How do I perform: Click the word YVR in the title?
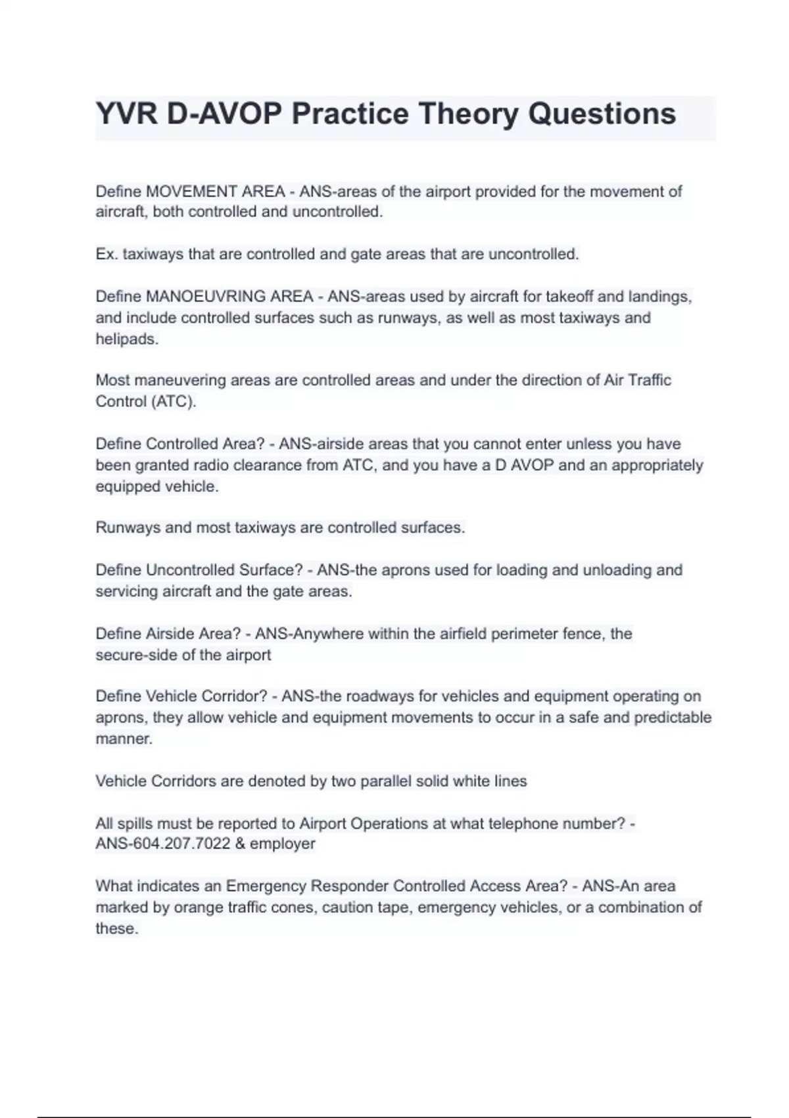(126, 114)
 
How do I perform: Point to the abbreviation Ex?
(107, 255)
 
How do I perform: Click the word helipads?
(127, 339)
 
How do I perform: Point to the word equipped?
(125, 487)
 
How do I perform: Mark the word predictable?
(673, 717)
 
